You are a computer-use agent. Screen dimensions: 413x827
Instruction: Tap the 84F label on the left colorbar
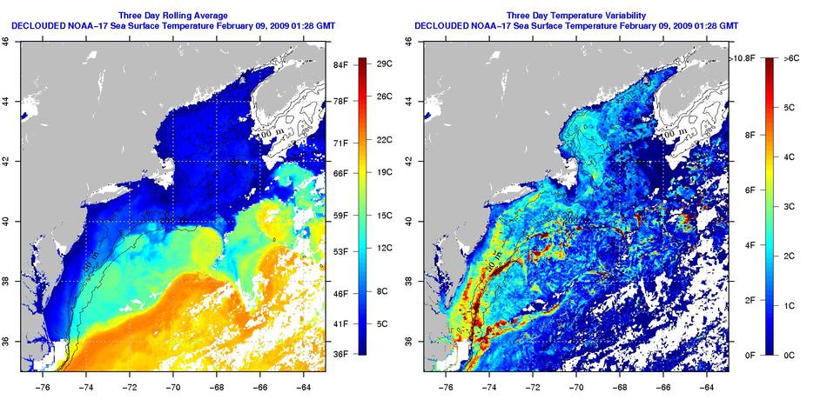[340, 65]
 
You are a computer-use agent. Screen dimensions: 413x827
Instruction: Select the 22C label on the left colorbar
[389, 139]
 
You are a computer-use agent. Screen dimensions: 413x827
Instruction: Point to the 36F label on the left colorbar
[340, 354]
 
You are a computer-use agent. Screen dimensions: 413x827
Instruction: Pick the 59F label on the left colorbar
[340, 216]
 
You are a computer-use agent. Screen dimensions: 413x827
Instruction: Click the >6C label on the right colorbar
[791, 58]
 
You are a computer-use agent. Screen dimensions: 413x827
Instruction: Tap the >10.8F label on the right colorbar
[743, 58]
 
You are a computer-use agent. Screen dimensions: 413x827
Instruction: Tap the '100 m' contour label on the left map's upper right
[270, 135]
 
